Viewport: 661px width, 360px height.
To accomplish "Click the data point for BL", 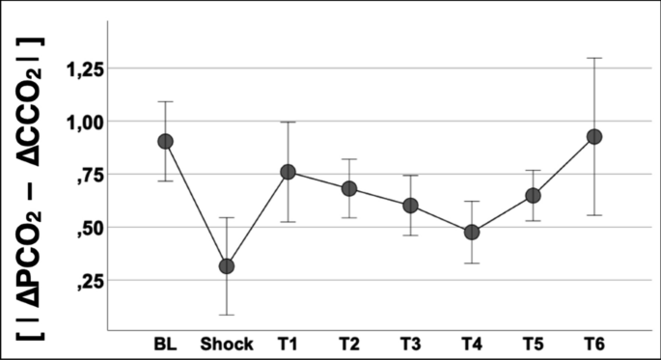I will click(165, 141).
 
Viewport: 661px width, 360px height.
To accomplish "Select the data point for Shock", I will click(226, 265).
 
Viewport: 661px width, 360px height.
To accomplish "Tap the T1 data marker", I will click(289, 172).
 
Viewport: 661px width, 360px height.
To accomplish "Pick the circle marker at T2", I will click(348, 188).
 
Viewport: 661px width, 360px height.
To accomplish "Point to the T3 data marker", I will click(410, 206).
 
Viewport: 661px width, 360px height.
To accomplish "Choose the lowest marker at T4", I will click(471, 232).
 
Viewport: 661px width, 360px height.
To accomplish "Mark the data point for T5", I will click(533, 195).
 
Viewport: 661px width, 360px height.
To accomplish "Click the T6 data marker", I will click(594, 137).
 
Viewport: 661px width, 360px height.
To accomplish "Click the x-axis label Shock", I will click(226, 345).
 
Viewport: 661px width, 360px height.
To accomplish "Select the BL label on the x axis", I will click(165, 345).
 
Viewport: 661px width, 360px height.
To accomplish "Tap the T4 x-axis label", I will click(471, 345).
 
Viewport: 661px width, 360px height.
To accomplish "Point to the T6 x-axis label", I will click(594, 345).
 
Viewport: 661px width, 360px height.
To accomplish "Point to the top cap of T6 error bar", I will click(594, 58).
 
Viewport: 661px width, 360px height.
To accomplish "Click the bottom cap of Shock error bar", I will click(226, 315).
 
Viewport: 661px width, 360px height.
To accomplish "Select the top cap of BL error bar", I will click(165, 101).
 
